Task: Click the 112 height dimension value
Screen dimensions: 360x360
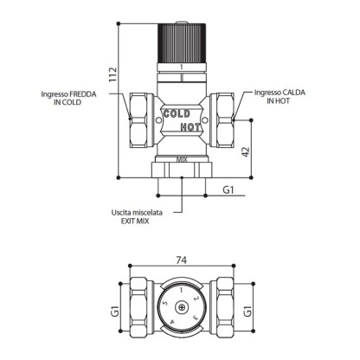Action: coord(113,74)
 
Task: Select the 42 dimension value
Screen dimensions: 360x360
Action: coord(245,152)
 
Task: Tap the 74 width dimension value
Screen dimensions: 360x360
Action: coord(182,260)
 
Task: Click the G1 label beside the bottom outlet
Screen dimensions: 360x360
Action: coord(228,190)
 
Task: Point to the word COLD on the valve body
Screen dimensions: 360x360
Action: coord(177,114)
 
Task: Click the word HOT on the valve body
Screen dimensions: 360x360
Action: coord(190,127)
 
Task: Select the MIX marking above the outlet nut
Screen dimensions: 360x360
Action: coord(182,159)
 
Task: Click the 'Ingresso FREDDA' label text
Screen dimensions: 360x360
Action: coord(68,94)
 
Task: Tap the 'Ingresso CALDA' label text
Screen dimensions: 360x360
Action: coord(280,93)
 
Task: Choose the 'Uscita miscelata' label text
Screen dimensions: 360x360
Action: coord(137,213)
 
